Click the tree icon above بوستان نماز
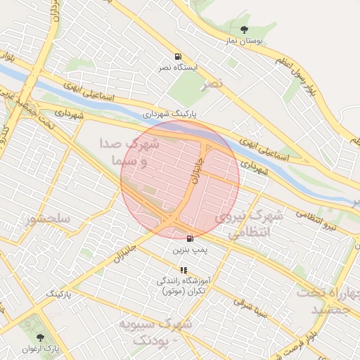[x=244, y=30]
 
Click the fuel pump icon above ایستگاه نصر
[x=178, y=56]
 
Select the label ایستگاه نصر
[x=178, y=68]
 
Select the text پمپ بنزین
[x=190, y=250]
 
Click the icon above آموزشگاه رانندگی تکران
[x=184, y=269]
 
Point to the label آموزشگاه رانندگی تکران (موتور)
[x=182, y=285]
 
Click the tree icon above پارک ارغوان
[x=39, y=337]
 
